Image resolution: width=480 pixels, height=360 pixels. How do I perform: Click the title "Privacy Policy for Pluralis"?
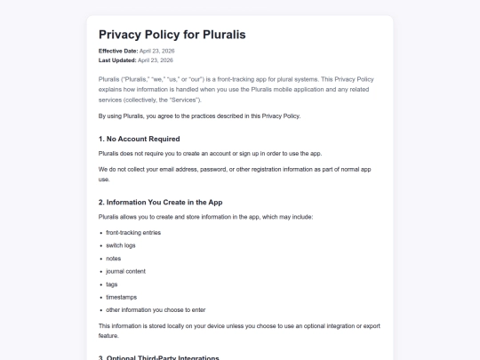coord(172,35)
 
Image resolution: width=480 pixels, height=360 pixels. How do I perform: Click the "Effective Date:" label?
coord(118,52)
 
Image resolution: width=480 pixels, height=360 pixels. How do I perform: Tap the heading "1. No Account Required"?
coord(140,139)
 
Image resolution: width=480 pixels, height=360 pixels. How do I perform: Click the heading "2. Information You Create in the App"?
coord(160,202)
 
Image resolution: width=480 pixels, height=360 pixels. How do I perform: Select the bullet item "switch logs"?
coord(122,245)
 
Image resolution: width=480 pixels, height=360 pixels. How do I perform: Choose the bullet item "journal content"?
coord(125,271)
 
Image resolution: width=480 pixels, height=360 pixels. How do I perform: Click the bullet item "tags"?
coord(113,284)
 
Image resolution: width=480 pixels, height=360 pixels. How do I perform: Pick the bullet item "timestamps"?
coord(122,297)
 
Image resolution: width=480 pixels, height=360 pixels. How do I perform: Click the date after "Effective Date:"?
coord(156,52)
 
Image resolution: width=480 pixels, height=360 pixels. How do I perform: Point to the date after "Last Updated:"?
coord(155,60)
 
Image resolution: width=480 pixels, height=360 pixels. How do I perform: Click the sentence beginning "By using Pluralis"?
coord(199,116)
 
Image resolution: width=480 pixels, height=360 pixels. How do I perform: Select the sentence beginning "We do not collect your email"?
coord(222,167)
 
